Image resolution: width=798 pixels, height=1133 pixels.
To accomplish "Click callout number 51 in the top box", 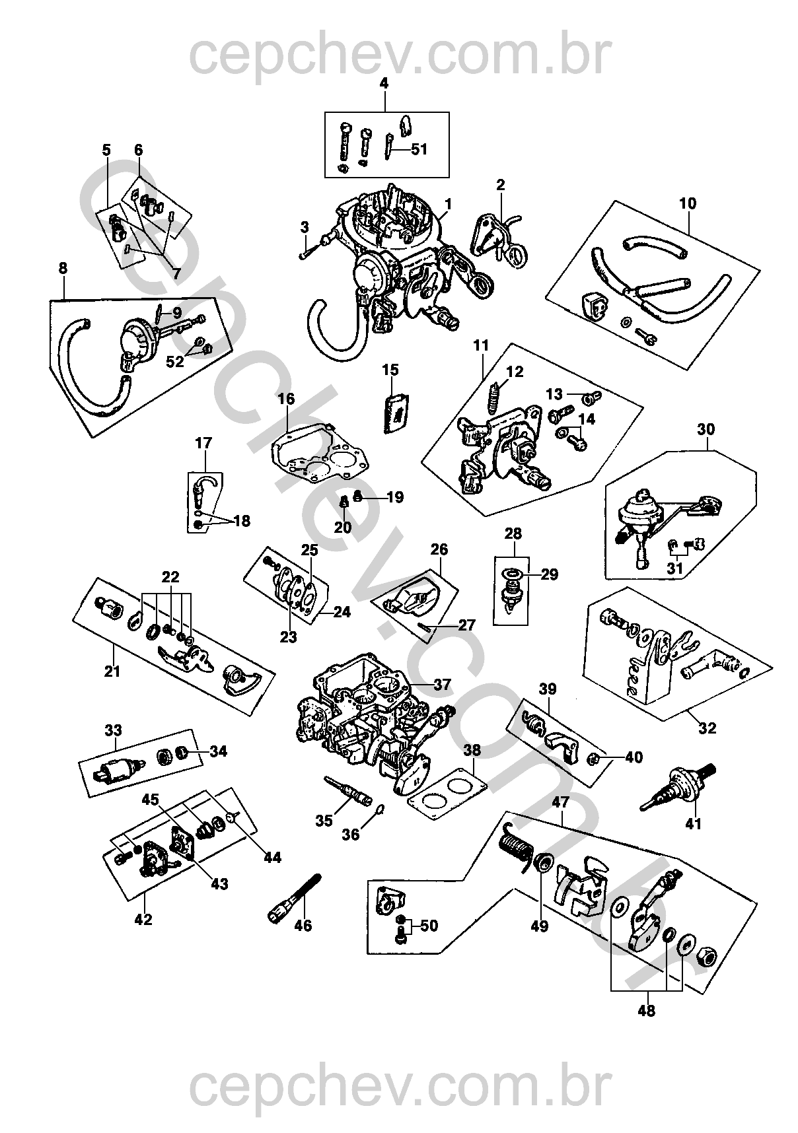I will coord(419,149).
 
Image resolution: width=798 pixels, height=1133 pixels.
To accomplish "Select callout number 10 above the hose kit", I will coord(688,203).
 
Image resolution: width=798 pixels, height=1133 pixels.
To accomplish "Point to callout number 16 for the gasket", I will coord(286,399).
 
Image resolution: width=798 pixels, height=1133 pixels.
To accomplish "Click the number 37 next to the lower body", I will coord(441,685).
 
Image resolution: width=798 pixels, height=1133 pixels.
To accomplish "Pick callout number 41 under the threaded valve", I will coord(694,823).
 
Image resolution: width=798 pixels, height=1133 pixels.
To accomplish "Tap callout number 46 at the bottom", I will coord(303,926).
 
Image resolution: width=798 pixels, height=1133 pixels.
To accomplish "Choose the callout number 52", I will coord(175,361).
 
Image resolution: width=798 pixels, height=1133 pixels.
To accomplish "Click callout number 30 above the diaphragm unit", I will coord(706,429).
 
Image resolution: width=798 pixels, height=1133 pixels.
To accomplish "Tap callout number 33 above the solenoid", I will coord(113,730).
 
